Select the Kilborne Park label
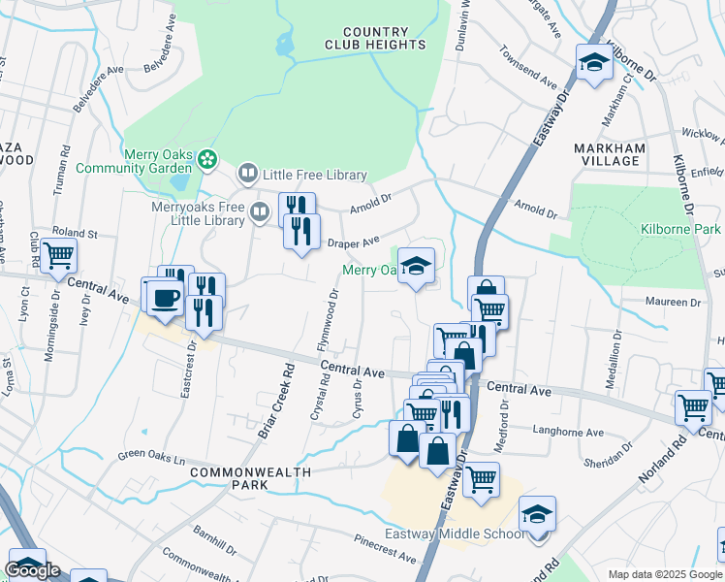pos(680,229)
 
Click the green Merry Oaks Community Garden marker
pos(205,158)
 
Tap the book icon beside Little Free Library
pos(248,175)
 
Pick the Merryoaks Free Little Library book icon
pos(260,210)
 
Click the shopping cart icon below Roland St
pos(59,255)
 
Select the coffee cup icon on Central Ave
pos(164,297)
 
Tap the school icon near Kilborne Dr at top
pos(594,64)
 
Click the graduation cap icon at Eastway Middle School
pos(537,514)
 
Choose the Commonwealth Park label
pos(251,478)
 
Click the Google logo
pos(32,570)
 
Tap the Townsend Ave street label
pos(527,69)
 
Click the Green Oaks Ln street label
pos(147,455)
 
